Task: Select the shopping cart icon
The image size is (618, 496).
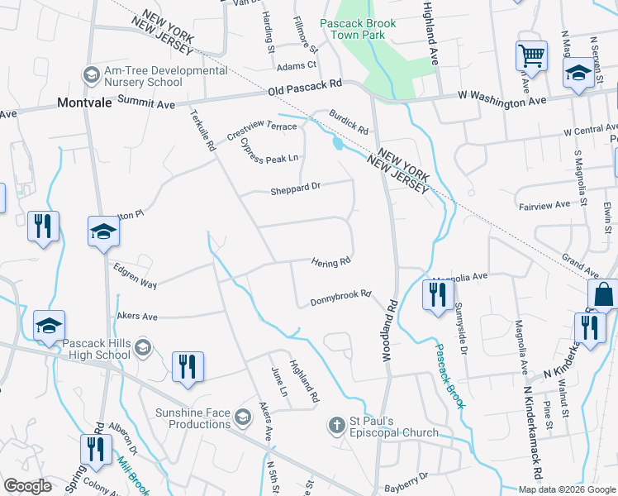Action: coord(532,56)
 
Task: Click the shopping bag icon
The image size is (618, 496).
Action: coord(603,293)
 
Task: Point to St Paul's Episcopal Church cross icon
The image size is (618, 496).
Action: coord(336,426)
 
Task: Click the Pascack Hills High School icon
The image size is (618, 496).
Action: coord(143,346)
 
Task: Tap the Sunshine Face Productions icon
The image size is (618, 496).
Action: coord(242,416)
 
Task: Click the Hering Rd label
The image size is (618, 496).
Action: coord(331,263)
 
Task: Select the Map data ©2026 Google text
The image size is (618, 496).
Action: coord(567,489)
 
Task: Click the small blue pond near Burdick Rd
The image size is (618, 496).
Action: coord(337,144)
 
